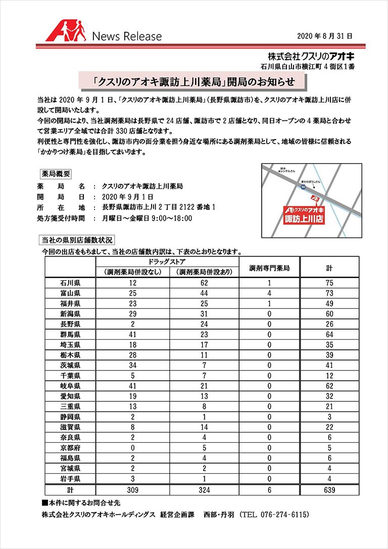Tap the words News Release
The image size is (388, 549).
pos(127,36)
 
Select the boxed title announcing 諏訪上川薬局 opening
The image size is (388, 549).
pos(193,81)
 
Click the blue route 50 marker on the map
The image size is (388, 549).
pos(303,187)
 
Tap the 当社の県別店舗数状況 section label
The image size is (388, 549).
pos(77,240)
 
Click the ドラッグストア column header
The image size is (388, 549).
pos(167,262)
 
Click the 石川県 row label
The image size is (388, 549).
pos(70,283)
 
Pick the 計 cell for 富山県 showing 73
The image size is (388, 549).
pos(329,293)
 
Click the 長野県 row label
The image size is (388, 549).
pos(70,324)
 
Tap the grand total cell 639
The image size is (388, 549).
pos(329,489)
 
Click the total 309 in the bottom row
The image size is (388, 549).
pos(132,489)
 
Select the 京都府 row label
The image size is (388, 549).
pos(70,447)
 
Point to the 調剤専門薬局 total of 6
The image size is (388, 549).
pos(270,489)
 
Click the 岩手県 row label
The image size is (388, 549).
pos(70,478)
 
